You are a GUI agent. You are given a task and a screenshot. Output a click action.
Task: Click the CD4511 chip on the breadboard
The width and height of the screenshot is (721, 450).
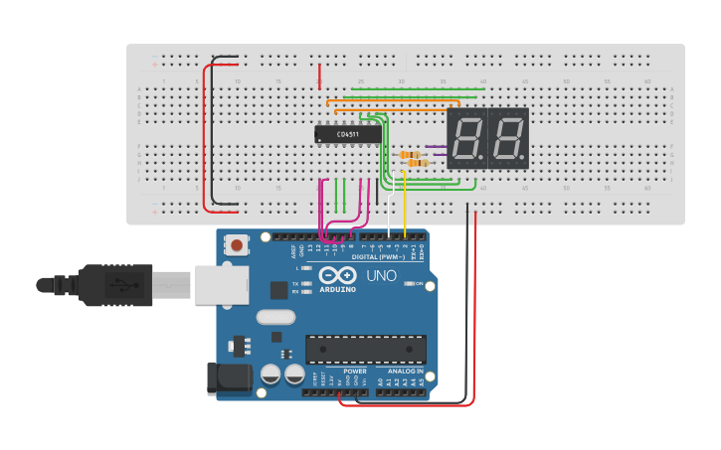(348, 134)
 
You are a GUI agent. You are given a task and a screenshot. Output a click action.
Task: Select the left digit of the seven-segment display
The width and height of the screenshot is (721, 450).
(466, 138)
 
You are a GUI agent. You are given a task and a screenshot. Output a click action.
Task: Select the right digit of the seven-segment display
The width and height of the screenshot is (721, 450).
(507, 138)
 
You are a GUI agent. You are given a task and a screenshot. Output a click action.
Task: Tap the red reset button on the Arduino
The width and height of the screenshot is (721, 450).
(237, 244)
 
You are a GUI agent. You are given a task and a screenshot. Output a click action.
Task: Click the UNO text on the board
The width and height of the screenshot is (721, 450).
(382, 276)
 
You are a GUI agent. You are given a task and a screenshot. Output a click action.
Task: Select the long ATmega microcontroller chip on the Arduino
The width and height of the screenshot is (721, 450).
(365, 350)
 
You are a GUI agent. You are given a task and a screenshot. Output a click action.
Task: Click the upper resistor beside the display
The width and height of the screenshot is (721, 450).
(409, 155)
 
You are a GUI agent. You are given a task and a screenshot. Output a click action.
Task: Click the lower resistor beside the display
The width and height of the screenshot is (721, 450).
(409, 165)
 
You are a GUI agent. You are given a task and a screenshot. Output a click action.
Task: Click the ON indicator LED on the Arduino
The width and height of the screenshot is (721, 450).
(410, 284)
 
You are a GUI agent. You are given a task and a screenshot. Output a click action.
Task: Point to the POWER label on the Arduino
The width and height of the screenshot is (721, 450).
(355, 372)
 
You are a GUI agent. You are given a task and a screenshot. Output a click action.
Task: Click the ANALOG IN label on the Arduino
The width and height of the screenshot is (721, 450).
(406, 372)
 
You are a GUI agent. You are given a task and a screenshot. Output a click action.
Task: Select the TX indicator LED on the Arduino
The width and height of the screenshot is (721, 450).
(309, 284)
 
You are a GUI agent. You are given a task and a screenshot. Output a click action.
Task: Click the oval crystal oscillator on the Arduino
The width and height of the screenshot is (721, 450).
(275, 318)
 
